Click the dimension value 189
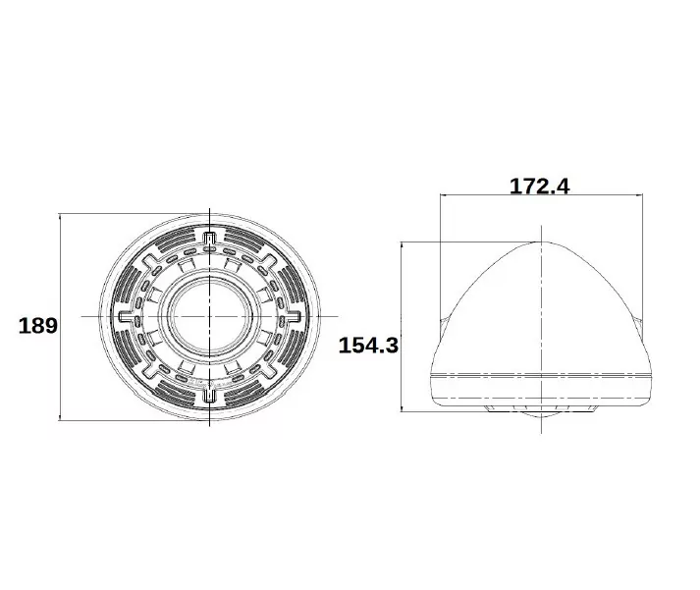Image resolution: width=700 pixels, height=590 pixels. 38,326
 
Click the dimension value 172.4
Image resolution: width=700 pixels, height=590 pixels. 539,185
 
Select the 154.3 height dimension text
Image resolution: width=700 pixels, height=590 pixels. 367,345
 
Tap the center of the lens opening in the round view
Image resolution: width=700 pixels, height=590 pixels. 210,316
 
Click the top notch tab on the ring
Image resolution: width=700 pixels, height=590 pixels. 210,237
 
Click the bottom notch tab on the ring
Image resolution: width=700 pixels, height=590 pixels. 210,396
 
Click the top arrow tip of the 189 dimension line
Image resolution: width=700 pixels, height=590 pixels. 62,214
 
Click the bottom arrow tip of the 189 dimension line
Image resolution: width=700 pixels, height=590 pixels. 62,419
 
